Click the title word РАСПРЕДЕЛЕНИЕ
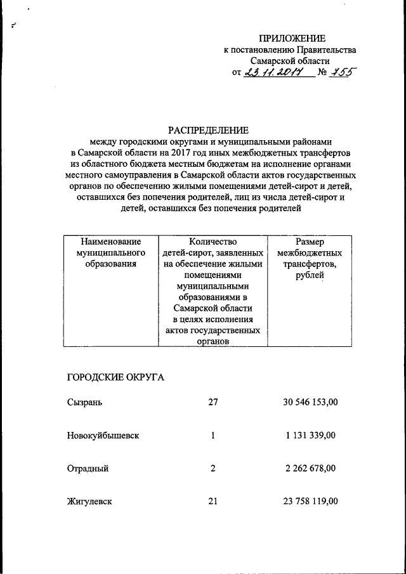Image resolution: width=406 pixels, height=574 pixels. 208,130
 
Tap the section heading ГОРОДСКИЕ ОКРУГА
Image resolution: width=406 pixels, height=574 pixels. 115,378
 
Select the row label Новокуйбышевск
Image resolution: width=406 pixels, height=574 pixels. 103,436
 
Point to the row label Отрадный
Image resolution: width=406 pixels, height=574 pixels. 88,469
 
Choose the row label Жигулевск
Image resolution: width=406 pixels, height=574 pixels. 89,502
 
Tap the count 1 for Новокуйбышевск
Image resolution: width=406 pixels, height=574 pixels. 213,436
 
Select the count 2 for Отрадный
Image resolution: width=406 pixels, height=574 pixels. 213,469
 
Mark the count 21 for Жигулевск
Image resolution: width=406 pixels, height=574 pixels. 213,502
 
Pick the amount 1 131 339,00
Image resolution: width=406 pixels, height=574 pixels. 310,436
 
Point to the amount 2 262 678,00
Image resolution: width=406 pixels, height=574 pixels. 310,469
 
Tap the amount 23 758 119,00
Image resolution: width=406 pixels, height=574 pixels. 310,502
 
